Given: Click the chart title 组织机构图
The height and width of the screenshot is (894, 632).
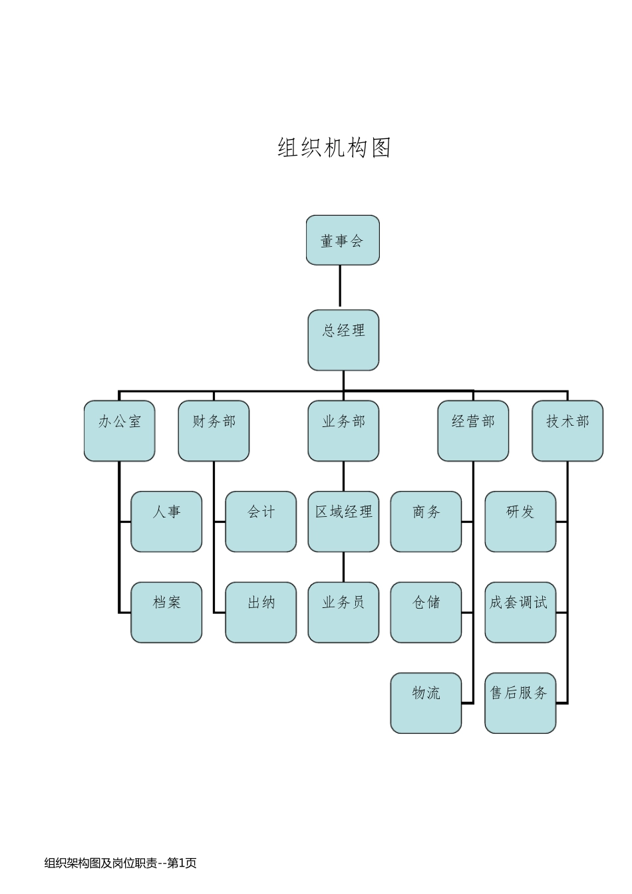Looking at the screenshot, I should tap(334, 148).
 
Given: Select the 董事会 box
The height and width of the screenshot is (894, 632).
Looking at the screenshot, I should tap(343, 240).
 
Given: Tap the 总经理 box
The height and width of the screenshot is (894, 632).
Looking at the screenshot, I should tap(343, 340).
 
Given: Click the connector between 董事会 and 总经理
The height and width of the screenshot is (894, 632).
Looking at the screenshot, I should tap(340, 287).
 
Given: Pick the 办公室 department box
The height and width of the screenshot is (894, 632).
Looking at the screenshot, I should tap(120, 430).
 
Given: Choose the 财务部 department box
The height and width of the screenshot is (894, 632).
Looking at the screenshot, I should tap(214, 430).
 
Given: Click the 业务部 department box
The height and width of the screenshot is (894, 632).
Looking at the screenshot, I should tap(343, 430).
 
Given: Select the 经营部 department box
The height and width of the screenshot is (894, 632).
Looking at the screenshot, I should tap(473, 430).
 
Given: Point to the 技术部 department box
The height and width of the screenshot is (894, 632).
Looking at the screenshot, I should tap(567, 430).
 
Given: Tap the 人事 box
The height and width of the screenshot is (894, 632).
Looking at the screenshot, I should tap(166, 521).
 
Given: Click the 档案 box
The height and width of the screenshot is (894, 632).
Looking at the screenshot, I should tap(166, 612).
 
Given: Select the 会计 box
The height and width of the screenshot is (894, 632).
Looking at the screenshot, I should tap(261, 521).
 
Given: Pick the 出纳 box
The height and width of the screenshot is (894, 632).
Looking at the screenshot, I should tap(261, 612).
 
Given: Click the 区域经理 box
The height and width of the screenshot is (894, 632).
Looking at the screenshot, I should tap(343, 521).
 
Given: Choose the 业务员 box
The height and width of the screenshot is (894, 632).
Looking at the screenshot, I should tap(343, 612).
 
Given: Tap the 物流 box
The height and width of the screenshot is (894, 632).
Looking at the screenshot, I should tap(426, 703).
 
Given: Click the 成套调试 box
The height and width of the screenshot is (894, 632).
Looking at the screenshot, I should tap(520, 612).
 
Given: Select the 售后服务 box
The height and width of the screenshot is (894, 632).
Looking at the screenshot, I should tap(520, 703).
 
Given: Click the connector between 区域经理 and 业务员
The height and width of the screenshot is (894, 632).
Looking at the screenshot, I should tap(343, 567).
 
